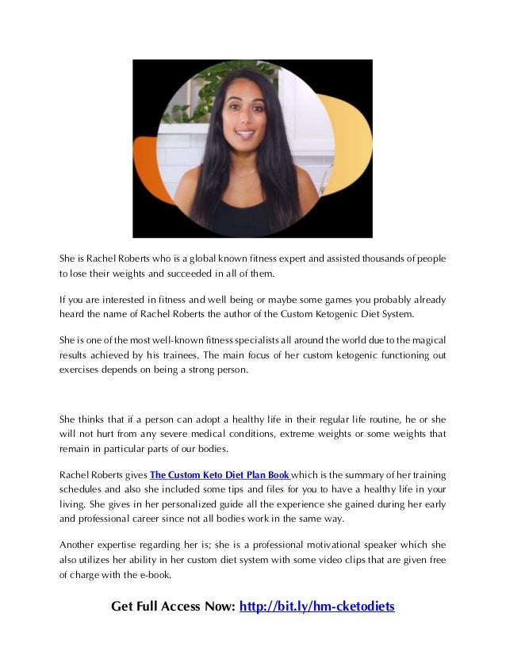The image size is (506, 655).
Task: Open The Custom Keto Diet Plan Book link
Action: click(220, 475)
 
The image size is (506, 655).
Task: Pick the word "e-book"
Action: click(153, 576)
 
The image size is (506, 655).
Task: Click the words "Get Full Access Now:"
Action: click(173, 607)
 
